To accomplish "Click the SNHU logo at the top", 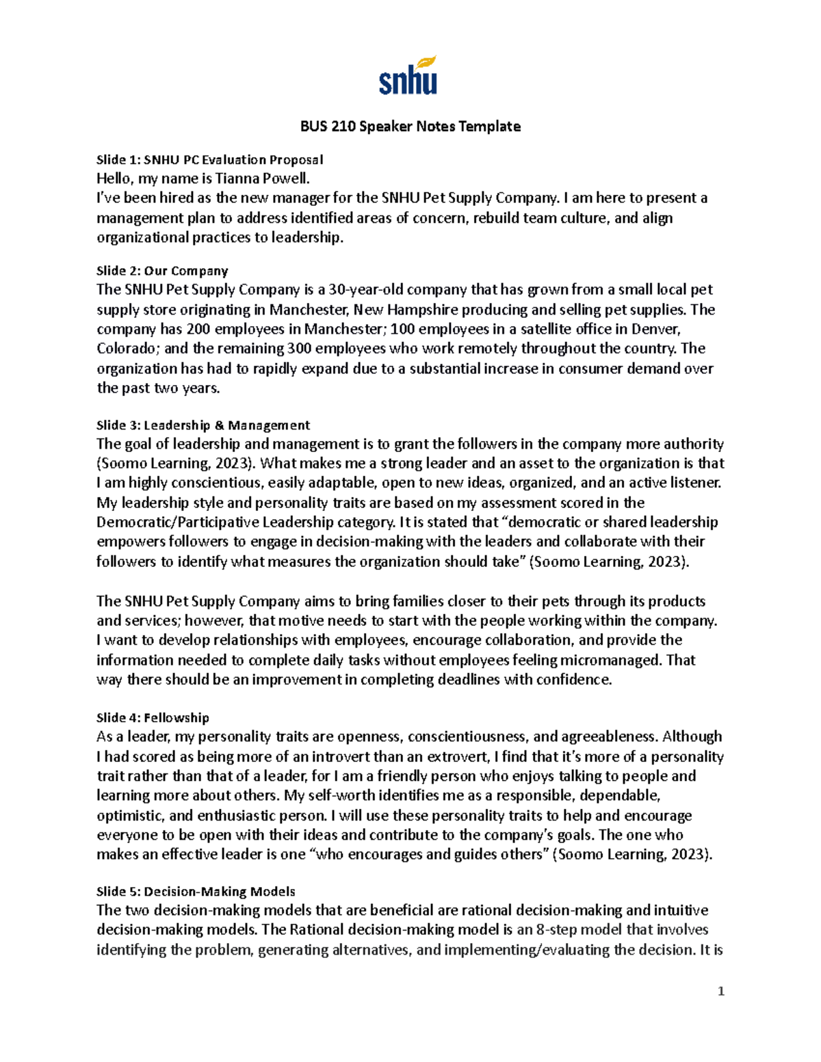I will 408,76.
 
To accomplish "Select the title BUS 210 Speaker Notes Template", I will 410,127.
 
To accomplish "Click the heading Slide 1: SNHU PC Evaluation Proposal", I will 209,160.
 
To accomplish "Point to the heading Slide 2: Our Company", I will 162,271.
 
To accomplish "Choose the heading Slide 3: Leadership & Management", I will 203,425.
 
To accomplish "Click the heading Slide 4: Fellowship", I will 153,718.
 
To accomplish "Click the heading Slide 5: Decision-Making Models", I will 196,892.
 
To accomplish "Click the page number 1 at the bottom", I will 720,992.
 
